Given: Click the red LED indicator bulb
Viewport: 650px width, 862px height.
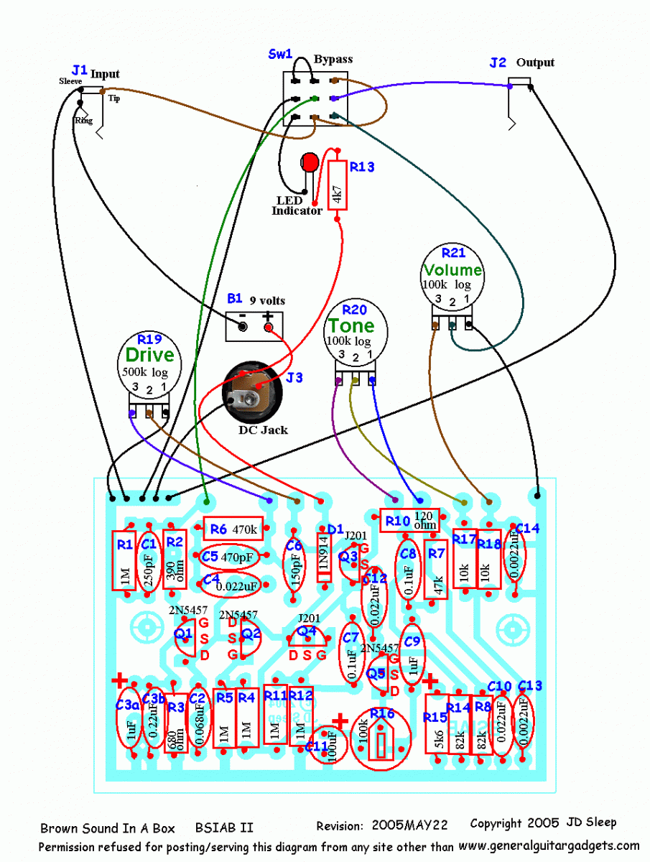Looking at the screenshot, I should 310,162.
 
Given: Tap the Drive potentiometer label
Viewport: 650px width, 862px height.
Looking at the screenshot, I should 149,355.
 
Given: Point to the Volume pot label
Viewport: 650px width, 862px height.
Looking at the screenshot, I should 452,270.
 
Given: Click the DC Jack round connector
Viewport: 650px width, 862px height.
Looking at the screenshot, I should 251,392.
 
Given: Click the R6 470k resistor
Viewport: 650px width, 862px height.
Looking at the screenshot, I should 233,529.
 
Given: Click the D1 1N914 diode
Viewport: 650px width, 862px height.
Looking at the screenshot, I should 323,557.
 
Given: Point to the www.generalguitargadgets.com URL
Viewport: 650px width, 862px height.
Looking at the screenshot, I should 548,845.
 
